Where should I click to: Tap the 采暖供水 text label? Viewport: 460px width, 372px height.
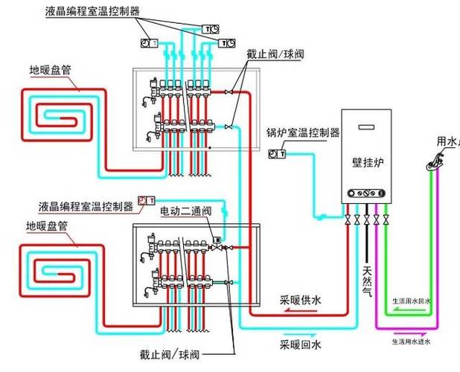click(x=301, y=300)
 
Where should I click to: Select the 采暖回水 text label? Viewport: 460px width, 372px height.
click(x=301, y=345)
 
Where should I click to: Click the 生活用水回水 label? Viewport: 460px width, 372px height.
click(x=412, y=303)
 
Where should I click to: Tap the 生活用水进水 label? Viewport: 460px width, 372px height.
click(x=412, y=342)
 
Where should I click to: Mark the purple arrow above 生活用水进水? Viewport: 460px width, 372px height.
click(x=413, y=333)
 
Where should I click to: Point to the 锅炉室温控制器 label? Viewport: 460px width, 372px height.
click(x=303, y=133)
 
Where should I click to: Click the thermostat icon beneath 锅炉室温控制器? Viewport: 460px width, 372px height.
click(x=275, y=154)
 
